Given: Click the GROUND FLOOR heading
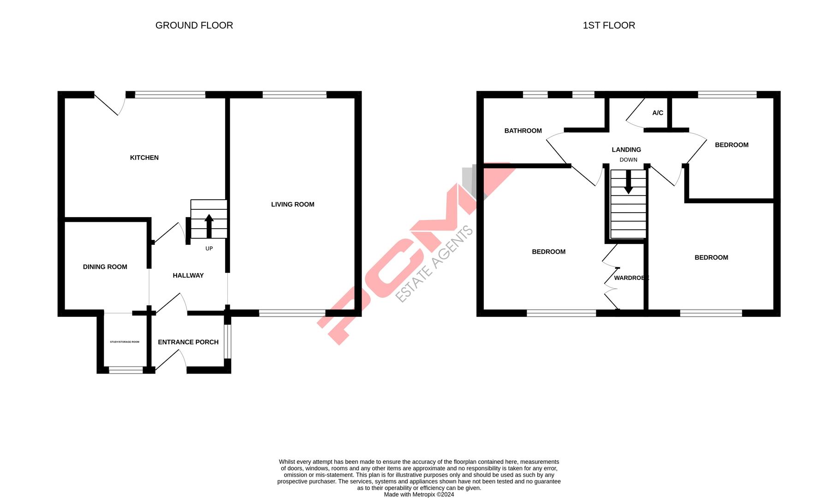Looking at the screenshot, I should pos(194,25).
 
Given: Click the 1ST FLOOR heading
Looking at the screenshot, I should pos(608,25).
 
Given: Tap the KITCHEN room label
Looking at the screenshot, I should pos(144,158).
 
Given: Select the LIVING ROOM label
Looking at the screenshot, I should pos(292,204).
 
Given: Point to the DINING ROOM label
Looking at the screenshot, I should pos(105,267).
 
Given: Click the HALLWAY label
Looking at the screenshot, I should pos(188,275).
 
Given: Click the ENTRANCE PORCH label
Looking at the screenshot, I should pos(188,342).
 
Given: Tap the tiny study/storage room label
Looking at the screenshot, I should pos(125,342).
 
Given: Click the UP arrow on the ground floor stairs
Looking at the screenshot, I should pos(209,225).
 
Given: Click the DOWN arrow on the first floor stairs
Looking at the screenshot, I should pos(628,182).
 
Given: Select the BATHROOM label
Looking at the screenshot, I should pos(523,131).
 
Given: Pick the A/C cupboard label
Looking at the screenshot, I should pos(657,113).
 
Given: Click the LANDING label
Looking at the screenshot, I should pos(626,150).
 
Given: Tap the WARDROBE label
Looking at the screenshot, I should pos(631,278).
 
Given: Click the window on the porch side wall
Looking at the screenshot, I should pos(227,342).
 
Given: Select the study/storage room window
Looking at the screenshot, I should pos(126,369).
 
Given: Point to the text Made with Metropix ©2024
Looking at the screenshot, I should pos(419,494).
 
